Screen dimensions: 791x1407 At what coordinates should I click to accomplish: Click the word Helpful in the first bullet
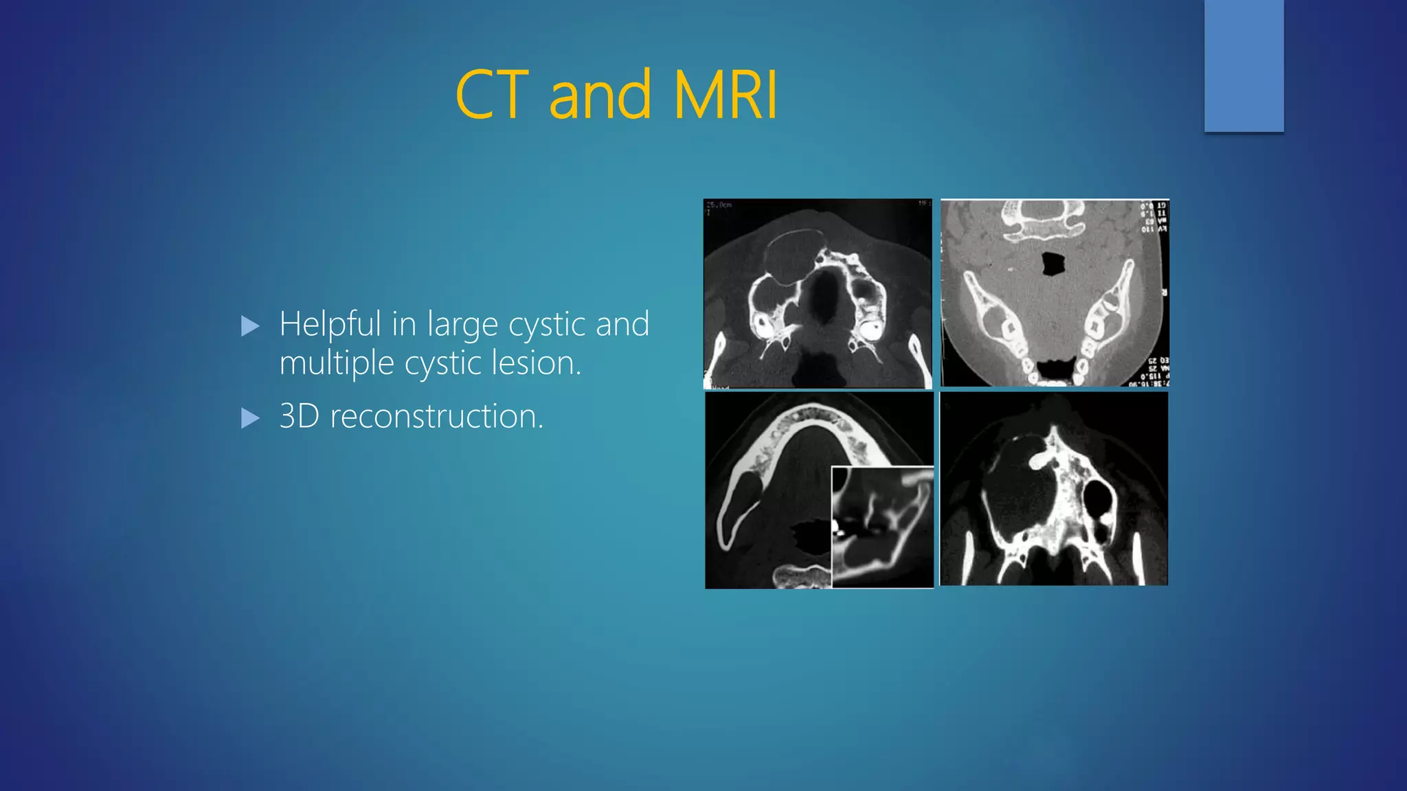click(x=330, y=324)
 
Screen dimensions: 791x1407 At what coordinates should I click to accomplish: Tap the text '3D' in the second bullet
click(x=300, y=416)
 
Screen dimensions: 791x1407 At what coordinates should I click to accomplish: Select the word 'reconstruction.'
click(x=437, y=416)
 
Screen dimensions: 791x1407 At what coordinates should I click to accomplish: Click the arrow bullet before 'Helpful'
click(x=251, y=326)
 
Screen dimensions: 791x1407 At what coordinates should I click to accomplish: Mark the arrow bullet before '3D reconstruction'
click(x=251, y=418)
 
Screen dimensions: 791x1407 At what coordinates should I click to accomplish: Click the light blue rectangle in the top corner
click(x=1243, y=65)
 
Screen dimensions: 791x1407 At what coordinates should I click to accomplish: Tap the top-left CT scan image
click(x=818, y=294)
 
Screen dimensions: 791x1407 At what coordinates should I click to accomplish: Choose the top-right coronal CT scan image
click(x=1055, y=293)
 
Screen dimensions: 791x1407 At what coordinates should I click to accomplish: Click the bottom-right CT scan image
click(x=1054, y=489)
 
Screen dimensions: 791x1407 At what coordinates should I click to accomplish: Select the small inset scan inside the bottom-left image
click(x=882, y=527)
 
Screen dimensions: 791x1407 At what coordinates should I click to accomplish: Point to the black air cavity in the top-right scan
click(x=1053, y=264)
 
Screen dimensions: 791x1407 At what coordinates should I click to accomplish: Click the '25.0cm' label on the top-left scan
click(x=719, y=205)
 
